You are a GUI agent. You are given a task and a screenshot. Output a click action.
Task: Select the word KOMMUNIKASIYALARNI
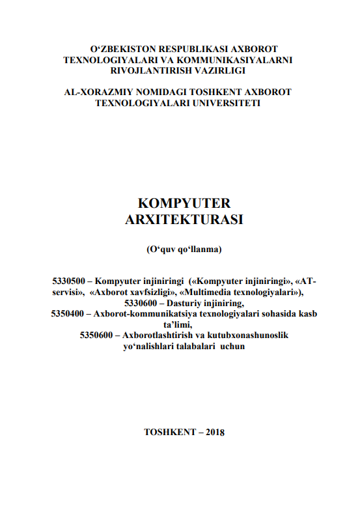click(237, 60)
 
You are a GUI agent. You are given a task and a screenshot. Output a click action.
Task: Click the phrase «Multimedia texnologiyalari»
click(247, 292)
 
